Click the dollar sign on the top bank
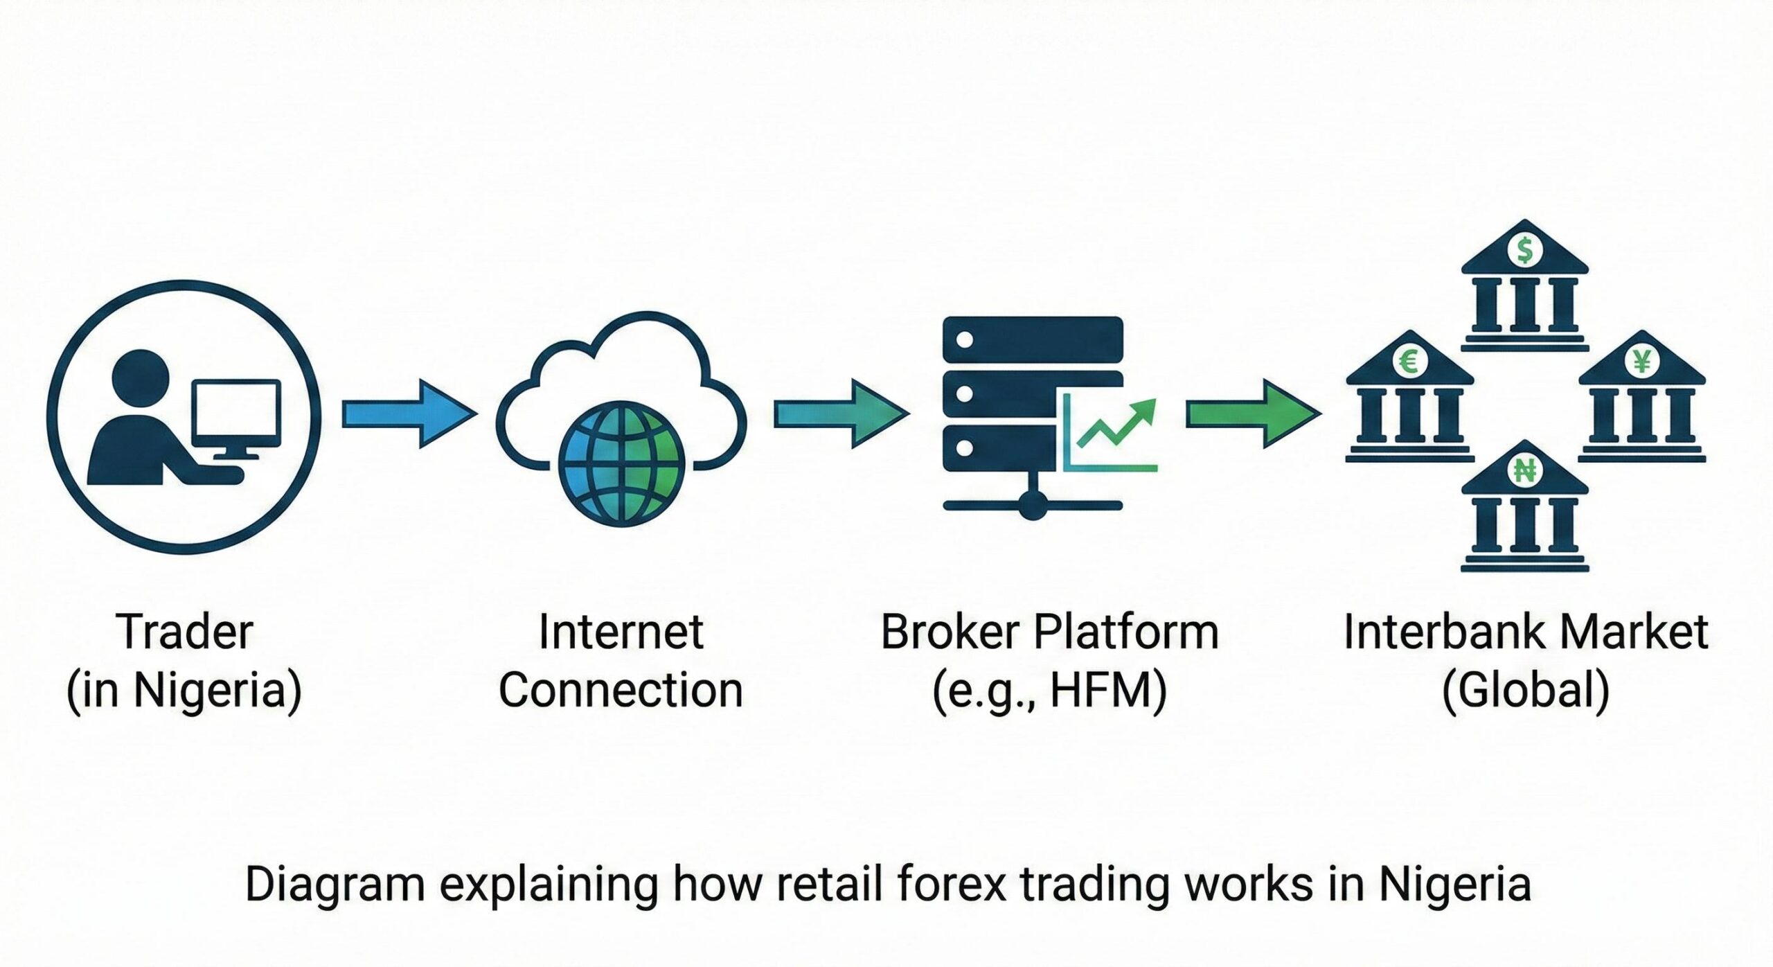(1524, 250)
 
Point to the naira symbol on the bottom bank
(1524, 471)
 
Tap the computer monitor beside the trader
(237, 414)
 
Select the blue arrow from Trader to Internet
(409, 414)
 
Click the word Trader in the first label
(185, 632)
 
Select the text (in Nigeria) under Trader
(184, 691)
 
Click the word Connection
(621, 691)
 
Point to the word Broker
(950, 632)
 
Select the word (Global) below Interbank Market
(1525, 691)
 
